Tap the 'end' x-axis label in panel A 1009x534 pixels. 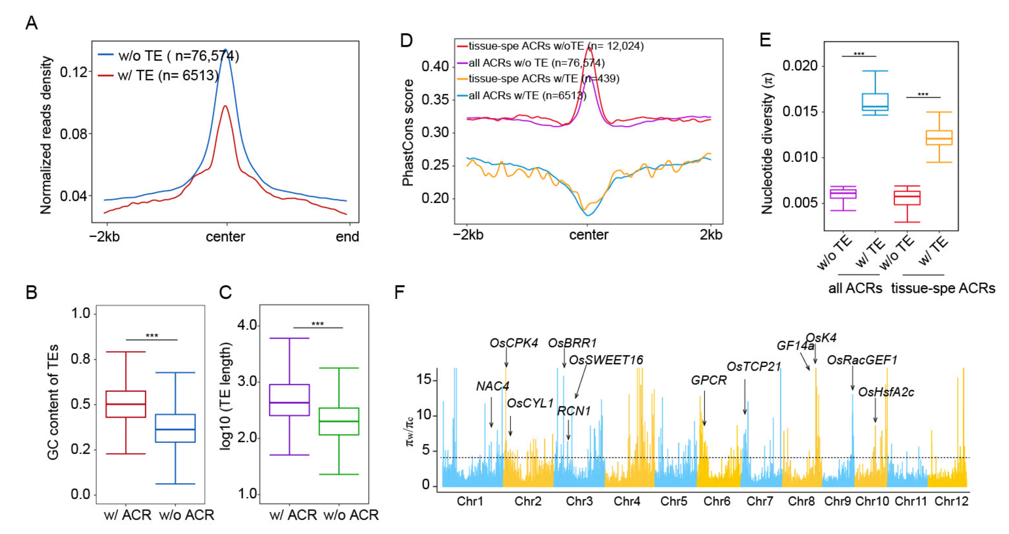pyautogui.click(x=347, y=237)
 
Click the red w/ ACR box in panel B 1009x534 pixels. pyautogui.click(x=126, y=404)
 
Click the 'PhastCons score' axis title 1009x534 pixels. pyautogui.click(x=408, y=132)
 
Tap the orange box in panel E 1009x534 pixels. pyautogui.click(x=939, y=137)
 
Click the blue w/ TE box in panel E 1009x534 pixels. pyautogui.click(x=875, y=102)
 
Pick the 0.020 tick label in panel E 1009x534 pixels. pyautogui.click(x=800, y=66)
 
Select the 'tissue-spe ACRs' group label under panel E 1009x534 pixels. pyautogui.click(x=943, y=288)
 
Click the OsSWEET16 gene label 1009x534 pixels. pyautogui.click(x=606, y=360)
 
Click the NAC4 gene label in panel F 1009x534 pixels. pyautogui.click(x=492, y=386)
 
